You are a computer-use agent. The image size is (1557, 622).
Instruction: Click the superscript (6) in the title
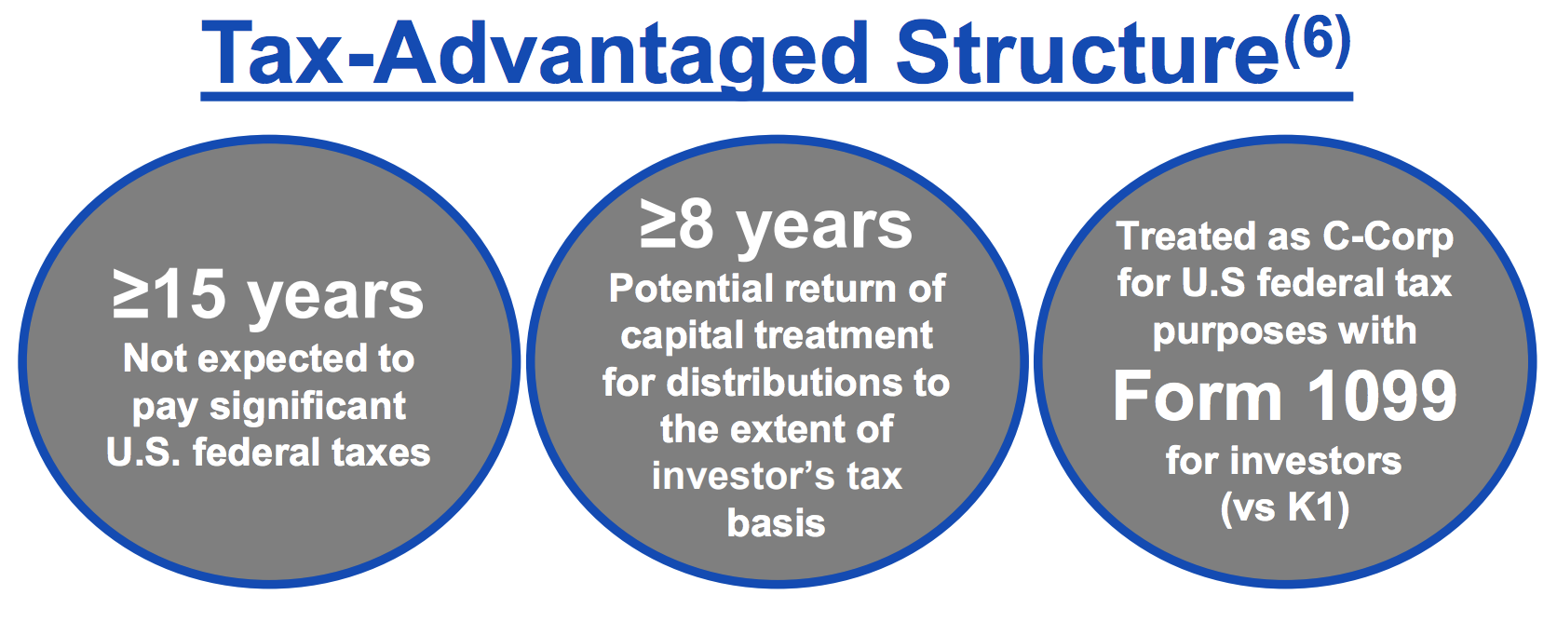coord(1317,41)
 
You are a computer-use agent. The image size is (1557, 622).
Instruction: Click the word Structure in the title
coord(1088,53)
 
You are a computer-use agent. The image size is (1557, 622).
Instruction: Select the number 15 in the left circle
coord(191,294)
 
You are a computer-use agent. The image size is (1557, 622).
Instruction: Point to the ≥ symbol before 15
coord(131,294)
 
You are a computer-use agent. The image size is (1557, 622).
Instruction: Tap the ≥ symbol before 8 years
coord(657,224)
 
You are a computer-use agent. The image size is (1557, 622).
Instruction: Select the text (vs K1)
coord(1284,507)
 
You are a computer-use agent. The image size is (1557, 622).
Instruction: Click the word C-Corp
coord(1388,237)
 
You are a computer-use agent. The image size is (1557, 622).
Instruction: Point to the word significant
coord(308,407)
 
